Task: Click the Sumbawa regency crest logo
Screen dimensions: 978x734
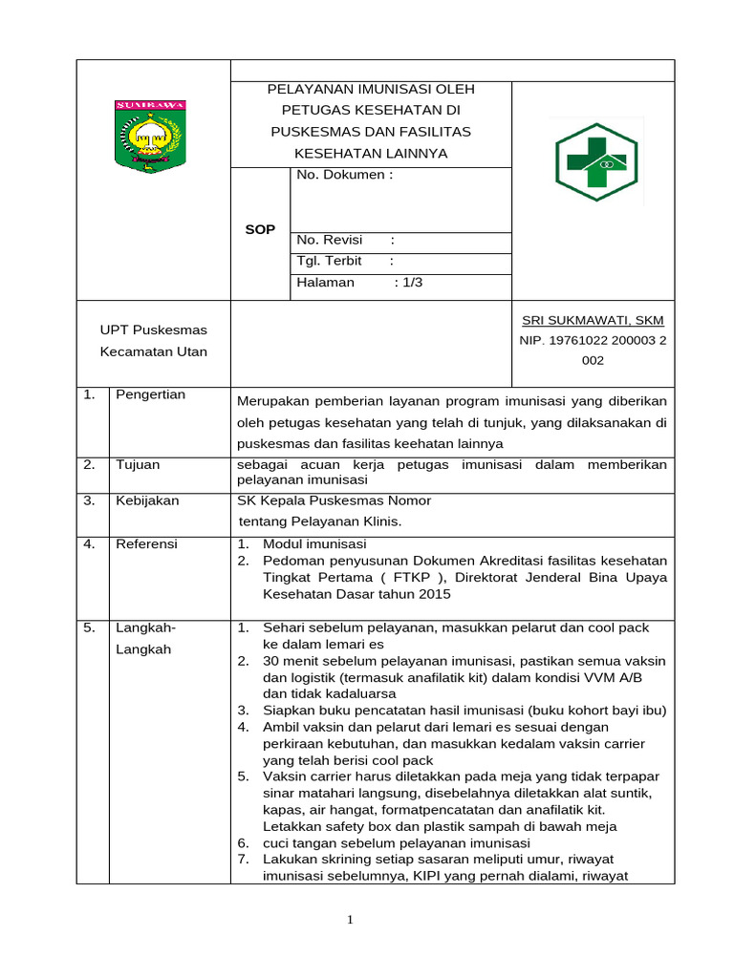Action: coord(150,136)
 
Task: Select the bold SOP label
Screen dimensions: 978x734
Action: coord(259,229)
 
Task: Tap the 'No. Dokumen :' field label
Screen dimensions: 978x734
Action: coord(344,175)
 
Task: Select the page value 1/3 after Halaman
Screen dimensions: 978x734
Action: coord(412,283)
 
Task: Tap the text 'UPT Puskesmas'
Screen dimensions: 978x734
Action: coord(154,330)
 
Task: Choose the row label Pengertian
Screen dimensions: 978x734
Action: coord(151,394)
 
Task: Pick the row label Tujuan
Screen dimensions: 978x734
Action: coord(139,464)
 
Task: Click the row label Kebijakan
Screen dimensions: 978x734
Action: coord(147,500)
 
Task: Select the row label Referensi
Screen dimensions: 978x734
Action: coord(146,543)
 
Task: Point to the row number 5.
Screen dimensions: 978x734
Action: coord(88,627)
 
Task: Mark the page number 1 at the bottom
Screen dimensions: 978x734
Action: coord(350,920)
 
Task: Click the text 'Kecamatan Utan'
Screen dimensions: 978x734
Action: coord(154,351)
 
